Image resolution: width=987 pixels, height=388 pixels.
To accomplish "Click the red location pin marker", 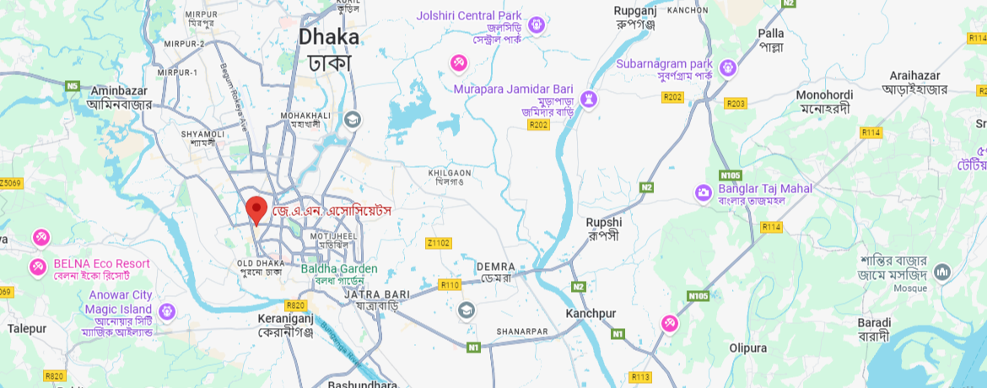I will tap(256, 208).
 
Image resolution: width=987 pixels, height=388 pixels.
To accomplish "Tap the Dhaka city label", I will tap(329, 49).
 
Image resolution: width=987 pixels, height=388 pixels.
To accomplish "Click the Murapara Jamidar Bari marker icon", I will tap(590, 100).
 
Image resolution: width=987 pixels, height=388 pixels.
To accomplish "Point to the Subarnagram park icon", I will tap(728, 67).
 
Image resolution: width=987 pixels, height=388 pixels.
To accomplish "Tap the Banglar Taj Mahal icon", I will tap(704, 193).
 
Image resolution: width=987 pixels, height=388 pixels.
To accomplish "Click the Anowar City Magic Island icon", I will tap(166, 311).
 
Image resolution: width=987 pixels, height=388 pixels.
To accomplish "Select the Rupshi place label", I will tap(603, 228).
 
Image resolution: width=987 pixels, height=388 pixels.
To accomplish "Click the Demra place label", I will tap(495, 272).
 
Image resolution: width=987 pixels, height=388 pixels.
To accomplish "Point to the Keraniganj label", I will tap(286, 326).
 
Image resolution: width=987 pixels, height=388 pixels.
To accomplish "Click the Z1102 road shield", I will tap(438, 243).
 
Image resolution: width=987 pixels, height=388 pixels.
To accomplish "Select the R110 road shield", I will tap(450, 285).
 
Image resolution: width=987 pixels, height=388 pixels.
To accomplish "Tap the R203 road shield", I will tap(736, 104).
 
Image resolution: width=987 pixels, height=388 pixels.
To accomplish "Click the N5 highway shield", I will tap(73, 85).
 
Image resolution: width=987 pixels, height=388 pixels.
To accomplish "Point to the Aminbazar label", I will tap(119, 97).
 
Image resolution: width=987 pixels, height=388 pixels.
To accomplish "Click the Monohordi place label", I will tap(824, 101).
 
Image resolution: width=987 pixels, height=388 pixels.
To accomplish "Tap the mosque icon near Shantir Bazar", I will tap(941, 272).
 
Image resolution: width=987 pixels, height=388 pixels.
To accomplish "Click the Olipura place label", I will tap(748, 348).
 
